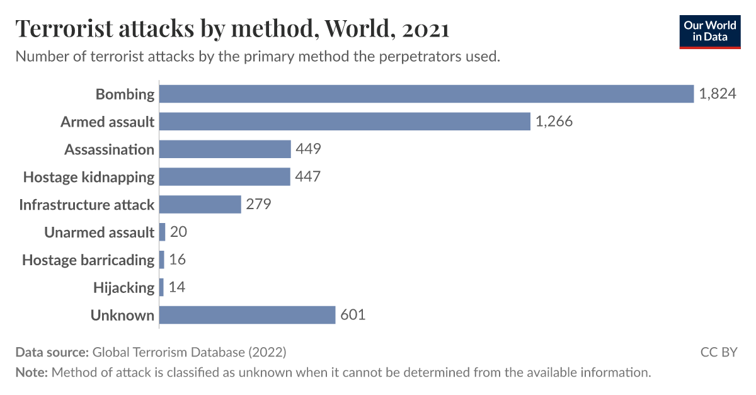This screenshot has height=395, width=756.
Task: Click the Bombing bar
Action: click(426, 94)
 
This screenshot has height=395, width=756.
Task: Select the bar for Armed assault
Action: click(345, 122)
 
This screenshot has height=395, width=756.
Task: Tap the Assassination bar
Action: click(225, 149)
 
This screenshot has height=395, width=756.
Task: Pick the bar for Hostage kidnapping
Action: click(224, 176)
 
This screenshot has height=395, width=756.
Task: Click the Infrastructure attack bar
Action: click(200, 204)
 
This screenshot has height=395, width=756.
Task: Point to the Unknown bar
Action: click(247, 314)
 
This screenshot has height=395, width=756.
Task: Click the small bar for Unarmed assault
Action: click(163, 232)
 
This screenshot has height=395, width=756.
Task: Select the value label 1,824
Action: click(717, 94)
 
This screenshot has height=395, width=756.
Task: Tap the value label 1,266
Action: click(554, 122)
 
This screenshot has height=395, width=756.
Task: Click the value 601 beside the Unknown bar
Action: click(353, 314)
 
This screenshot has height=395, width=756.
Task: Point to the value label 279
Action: click(258, 204)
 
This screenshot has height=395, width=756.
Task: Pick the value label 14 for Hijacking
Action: click(177, 287)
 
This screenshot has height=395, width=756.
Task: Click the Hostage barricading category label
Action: click(88, 260)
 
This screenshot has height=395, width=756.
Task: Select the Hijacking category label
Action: click(123, 287)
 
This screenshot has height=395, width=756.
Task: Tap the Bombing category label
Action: click(125, 94)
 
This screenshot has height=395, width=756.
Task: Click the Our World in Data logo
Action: click(709, 31)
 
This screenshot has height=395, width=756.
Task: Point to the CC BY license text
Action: click(718, 352)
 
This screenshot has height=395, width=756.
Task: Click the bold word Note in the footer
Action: click(31, 372)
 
